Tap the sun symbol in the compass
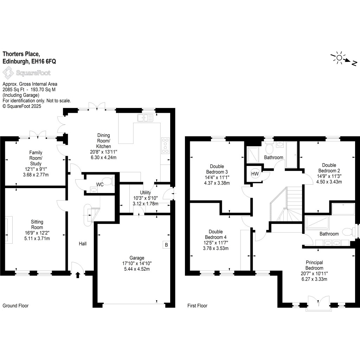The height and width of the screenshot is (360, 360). [x=339, y=58]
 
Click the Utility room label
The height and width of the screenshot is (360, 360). [x=146, y=193]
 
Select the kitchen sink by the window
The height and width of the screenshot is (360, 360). [x=146, y=118]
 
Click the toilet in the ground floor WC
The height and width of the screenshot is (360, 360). [x=110, y=182]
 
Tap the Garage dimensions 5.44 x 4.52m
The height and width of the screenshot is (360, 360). [x=136, y=268]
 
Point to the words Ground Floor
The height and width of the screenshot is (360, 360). [x=15, y=306]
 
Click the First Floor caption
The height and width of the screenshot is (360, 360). [x=197, y=306]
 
